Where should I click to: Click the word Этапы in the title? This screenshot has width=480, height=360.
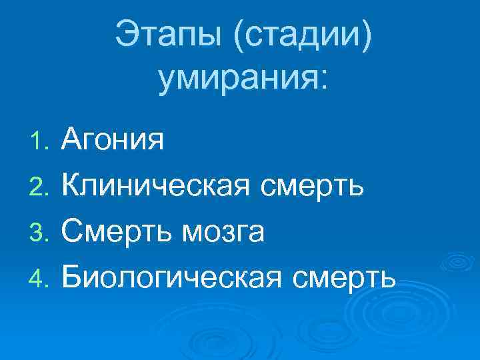169,33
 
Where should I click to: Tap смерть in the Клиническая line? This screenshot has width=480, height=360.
312,187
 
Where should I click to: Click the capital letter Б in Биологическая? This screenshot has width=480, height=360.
71,276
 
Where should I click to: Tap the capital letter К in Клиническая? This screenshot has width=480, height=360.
71,186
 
